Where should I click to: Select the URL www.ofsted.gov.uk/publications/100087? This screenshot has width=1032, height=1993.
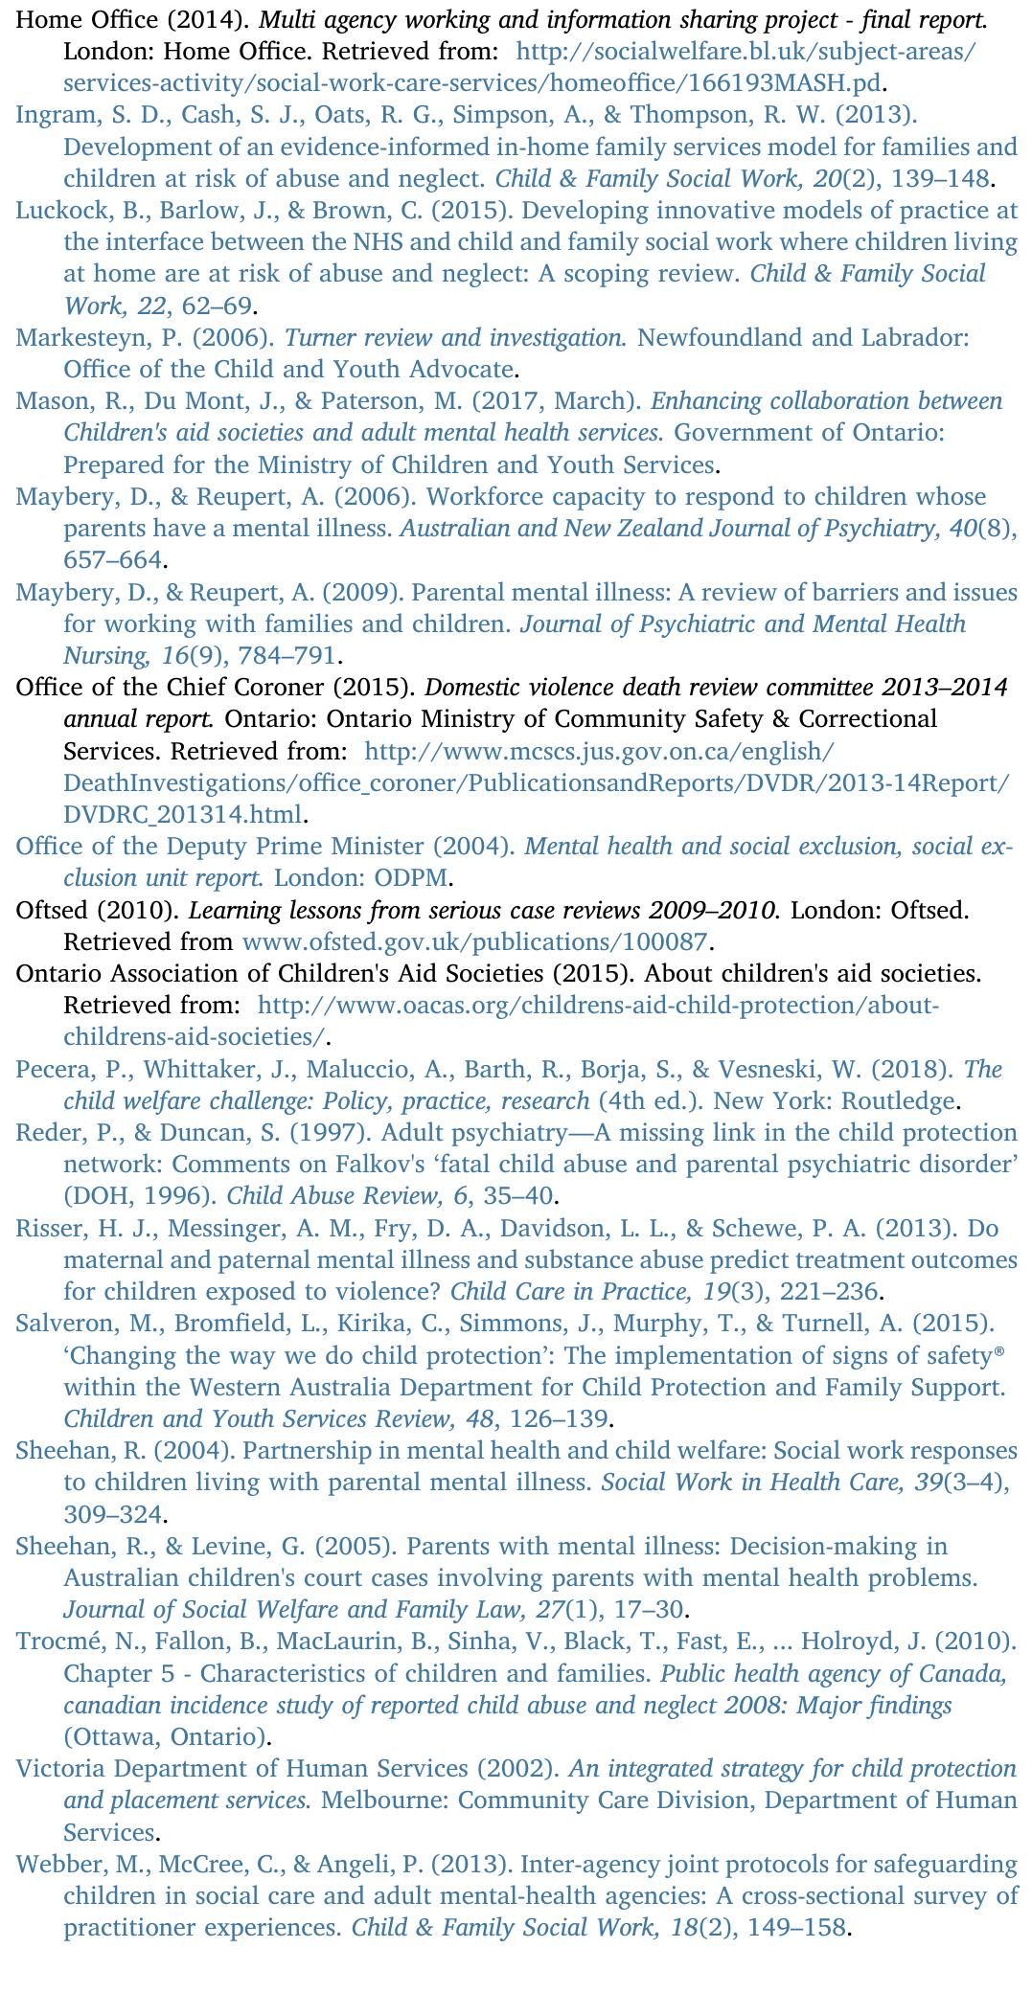[x=475, y=941]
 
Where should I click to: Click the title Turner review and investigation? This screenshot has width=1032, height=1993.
[x=455, y=338]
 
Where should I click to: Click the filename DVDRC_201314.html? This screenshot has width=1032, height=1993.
[x=183, y=815]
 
